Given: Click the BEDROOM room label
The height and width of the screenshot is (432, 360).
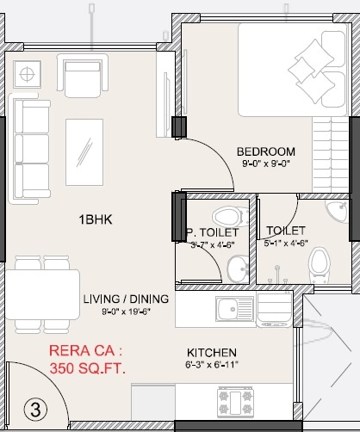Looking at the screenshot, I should tap(266, 151).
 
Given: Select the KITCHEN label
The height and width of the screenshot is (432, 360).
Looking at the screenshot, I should tap(211, 353).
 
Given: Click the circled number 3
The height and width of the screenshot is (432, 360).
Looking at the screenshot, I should tap(34, 408).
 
